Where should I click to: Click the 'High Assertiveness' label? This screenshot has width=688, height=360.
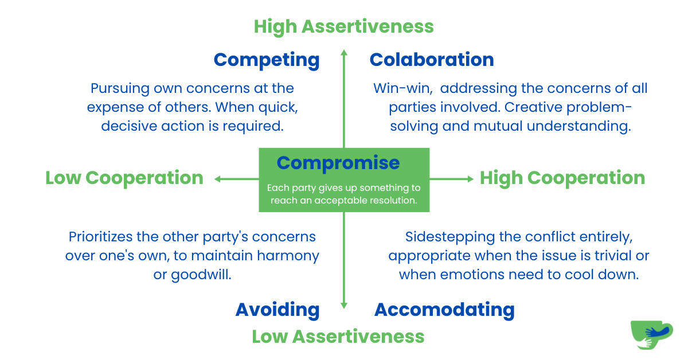pyautogui.click(x=343, y=27)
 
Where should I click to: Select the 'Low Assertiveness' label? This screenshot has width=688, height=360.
pyautogui.click(x=338, y=336)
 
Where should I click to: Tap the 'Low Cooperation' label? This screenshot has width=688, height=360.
pyautogui.click(x=124, y=178)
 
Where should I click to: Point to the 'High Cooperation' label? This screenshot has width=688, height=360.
pyautogui.click(x=562, y=178)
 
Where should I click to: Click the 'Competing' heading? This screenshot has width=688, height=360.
pyautogui.click(x=267, y=60)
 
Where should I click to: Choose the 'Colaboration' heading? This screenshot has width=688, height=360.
pyautogui.click(x=432, y=60)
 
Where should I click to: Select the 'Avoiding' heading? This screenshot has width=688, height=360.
pyautogui.click(x=277, y=310)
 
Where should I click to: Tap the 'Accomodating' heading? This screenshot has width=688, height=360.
pyautogui.click(x=444, y=310)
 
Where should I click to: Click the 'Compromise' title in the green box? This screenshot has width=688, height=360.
pyautogui.click(x=338, y=163)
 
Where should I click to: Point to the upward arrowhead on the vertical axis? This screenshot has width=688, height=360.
pyautogui.click(x=344, y=53)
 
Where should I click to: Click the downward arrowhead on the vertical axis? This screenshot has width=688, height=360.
pyautogui.click(x=344, y=306)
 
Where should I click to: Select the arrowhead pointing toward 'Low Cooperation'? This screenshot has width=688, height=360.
pyautogui.click(x=218, y=179)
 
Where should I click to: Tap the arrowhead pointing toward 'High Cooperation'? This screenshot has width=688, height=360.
pyautogui.click(x=470, y=179)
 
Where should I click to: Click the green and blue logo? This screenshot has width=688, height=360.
pyautogui.click(x=652, y=335)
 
